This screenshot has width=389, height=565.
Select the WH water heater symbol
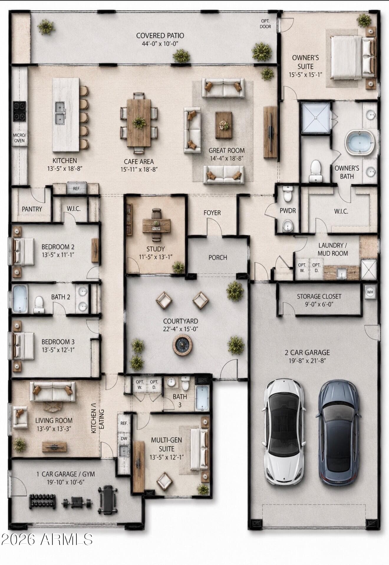click(370, 292)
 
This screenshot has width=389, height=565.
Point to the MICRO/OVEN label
click(19, 138)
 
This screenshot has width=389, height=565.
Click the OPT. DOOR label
click(265, 24)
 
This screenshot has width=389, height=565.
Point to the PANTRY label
click(32, 209)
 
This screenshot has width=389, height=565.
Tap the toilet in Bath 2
click(39, 305)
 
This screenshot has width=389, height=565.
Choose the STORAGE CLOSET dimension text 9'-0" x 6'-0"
click(319, 304)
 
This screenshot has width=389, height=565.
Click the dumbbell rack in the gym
click(42, 501)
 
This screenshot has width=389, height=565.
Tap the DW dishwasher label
click(124, 438)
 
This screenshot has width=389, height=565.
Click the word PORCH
click(218, 258)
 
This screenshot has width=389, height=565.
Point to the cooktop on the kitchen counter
click(19, 111)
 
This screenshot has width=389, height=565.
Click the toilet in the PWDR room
click(287, 194)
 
